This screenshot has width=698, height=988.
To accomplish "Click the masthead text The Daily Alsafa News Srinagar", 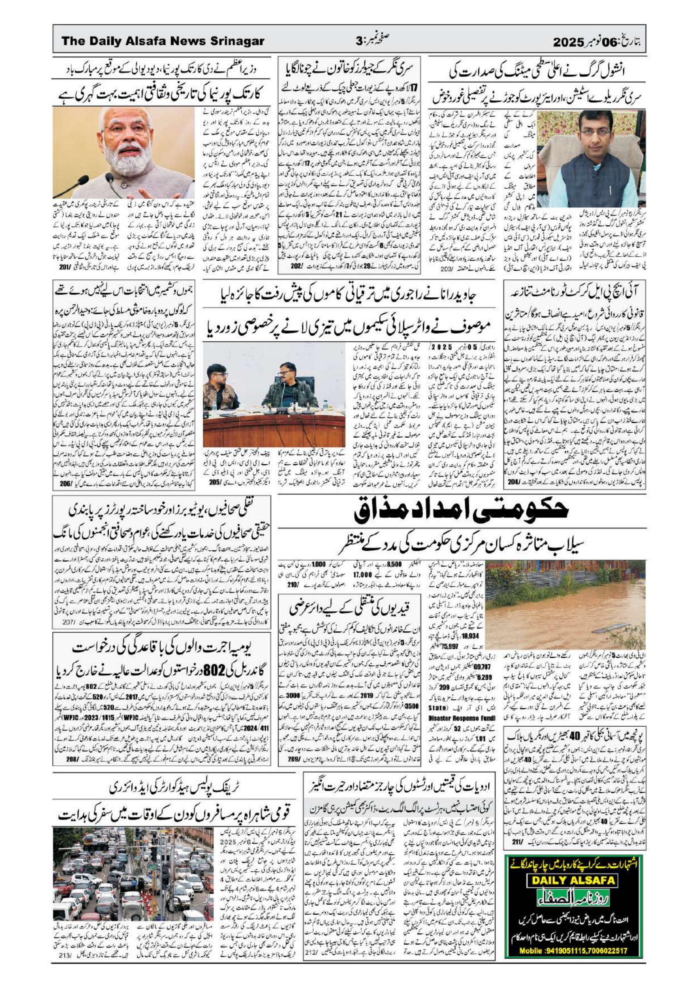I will [x=163, y=41].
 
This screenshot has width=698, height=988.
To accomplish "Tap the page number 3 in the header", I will [x=360, y=42].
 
